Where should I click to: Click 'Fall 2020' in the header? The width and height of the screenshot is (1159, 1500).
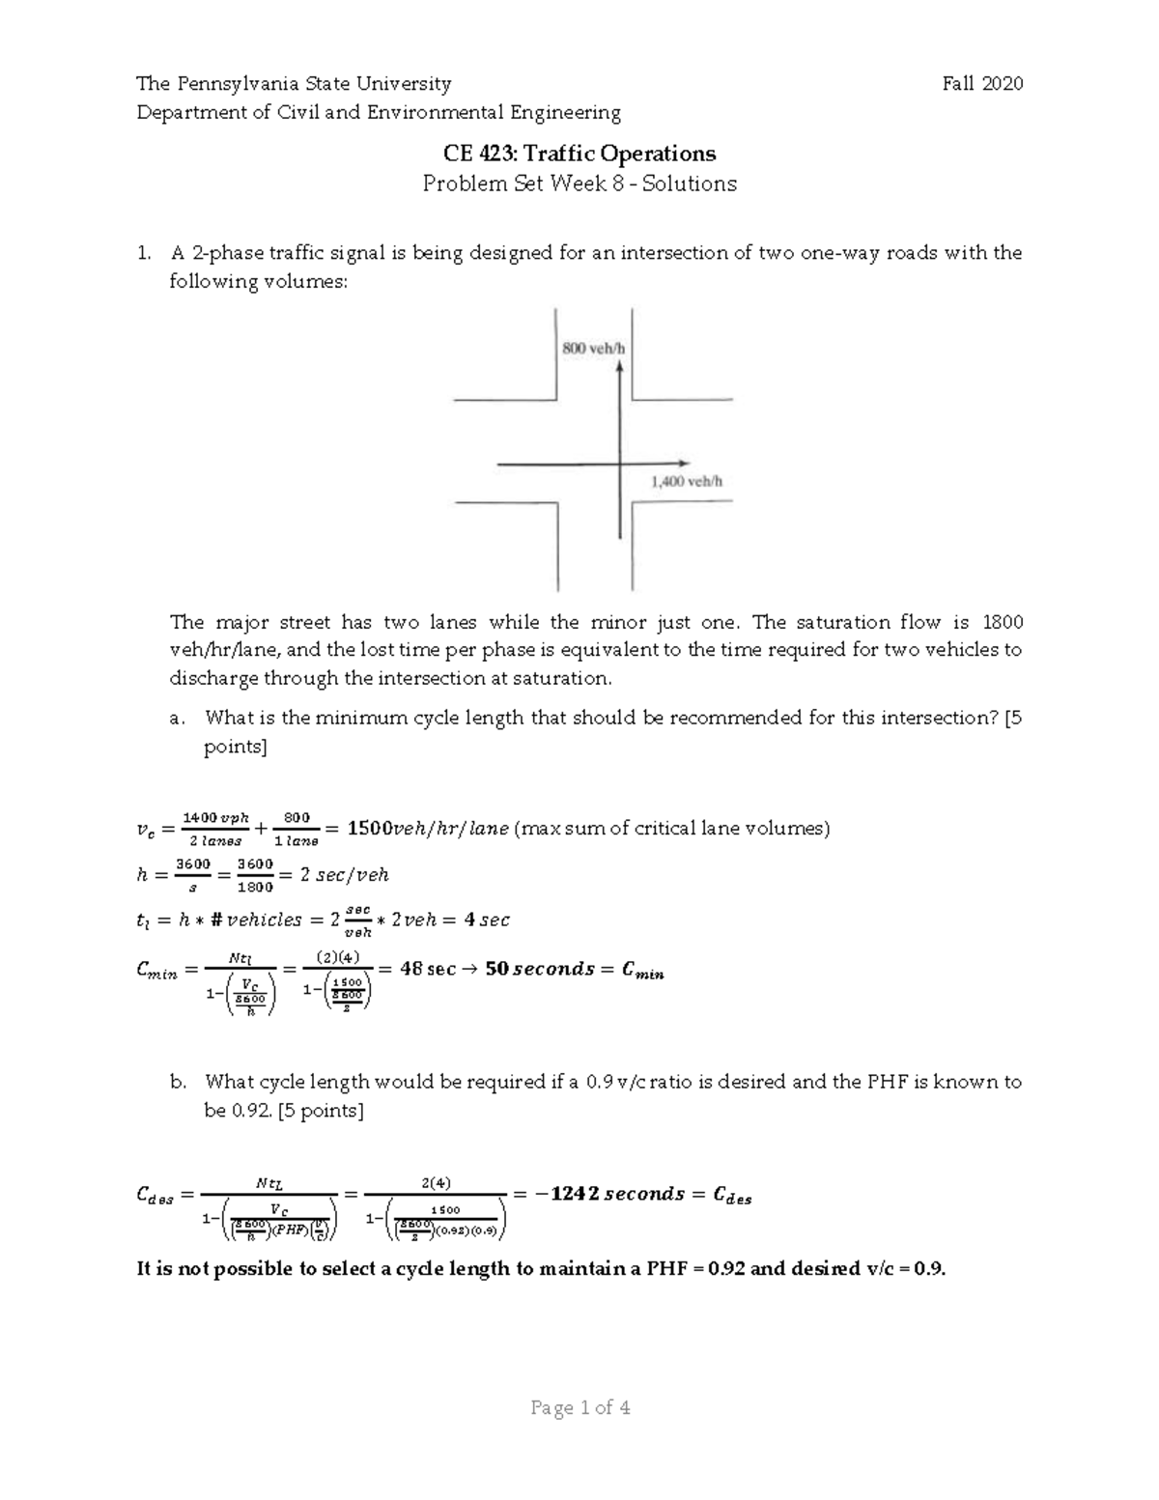[x=982, y=84]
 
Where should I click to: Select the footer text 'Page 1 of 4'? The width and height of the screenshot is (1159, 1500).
[x=580, y=1408]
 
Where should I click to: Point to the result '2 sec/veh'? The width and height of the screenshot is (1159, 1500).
[x=343, y=875]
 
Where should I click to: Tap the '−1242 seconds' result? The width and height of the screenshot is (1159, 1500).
[x=608, y=1194]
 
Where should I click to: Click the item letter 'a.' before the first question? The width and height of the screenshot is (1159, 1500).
[x=176, y=718]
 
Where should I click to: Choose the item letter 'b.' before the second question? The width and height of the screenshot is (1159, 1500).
[x=177, y=1082]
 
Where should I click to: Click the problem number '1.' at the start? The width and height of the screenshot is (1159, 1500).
[x=144, y=253]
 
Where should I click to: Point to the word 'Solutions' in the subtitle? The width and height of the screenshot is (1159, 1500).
[x=690, y=184]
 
